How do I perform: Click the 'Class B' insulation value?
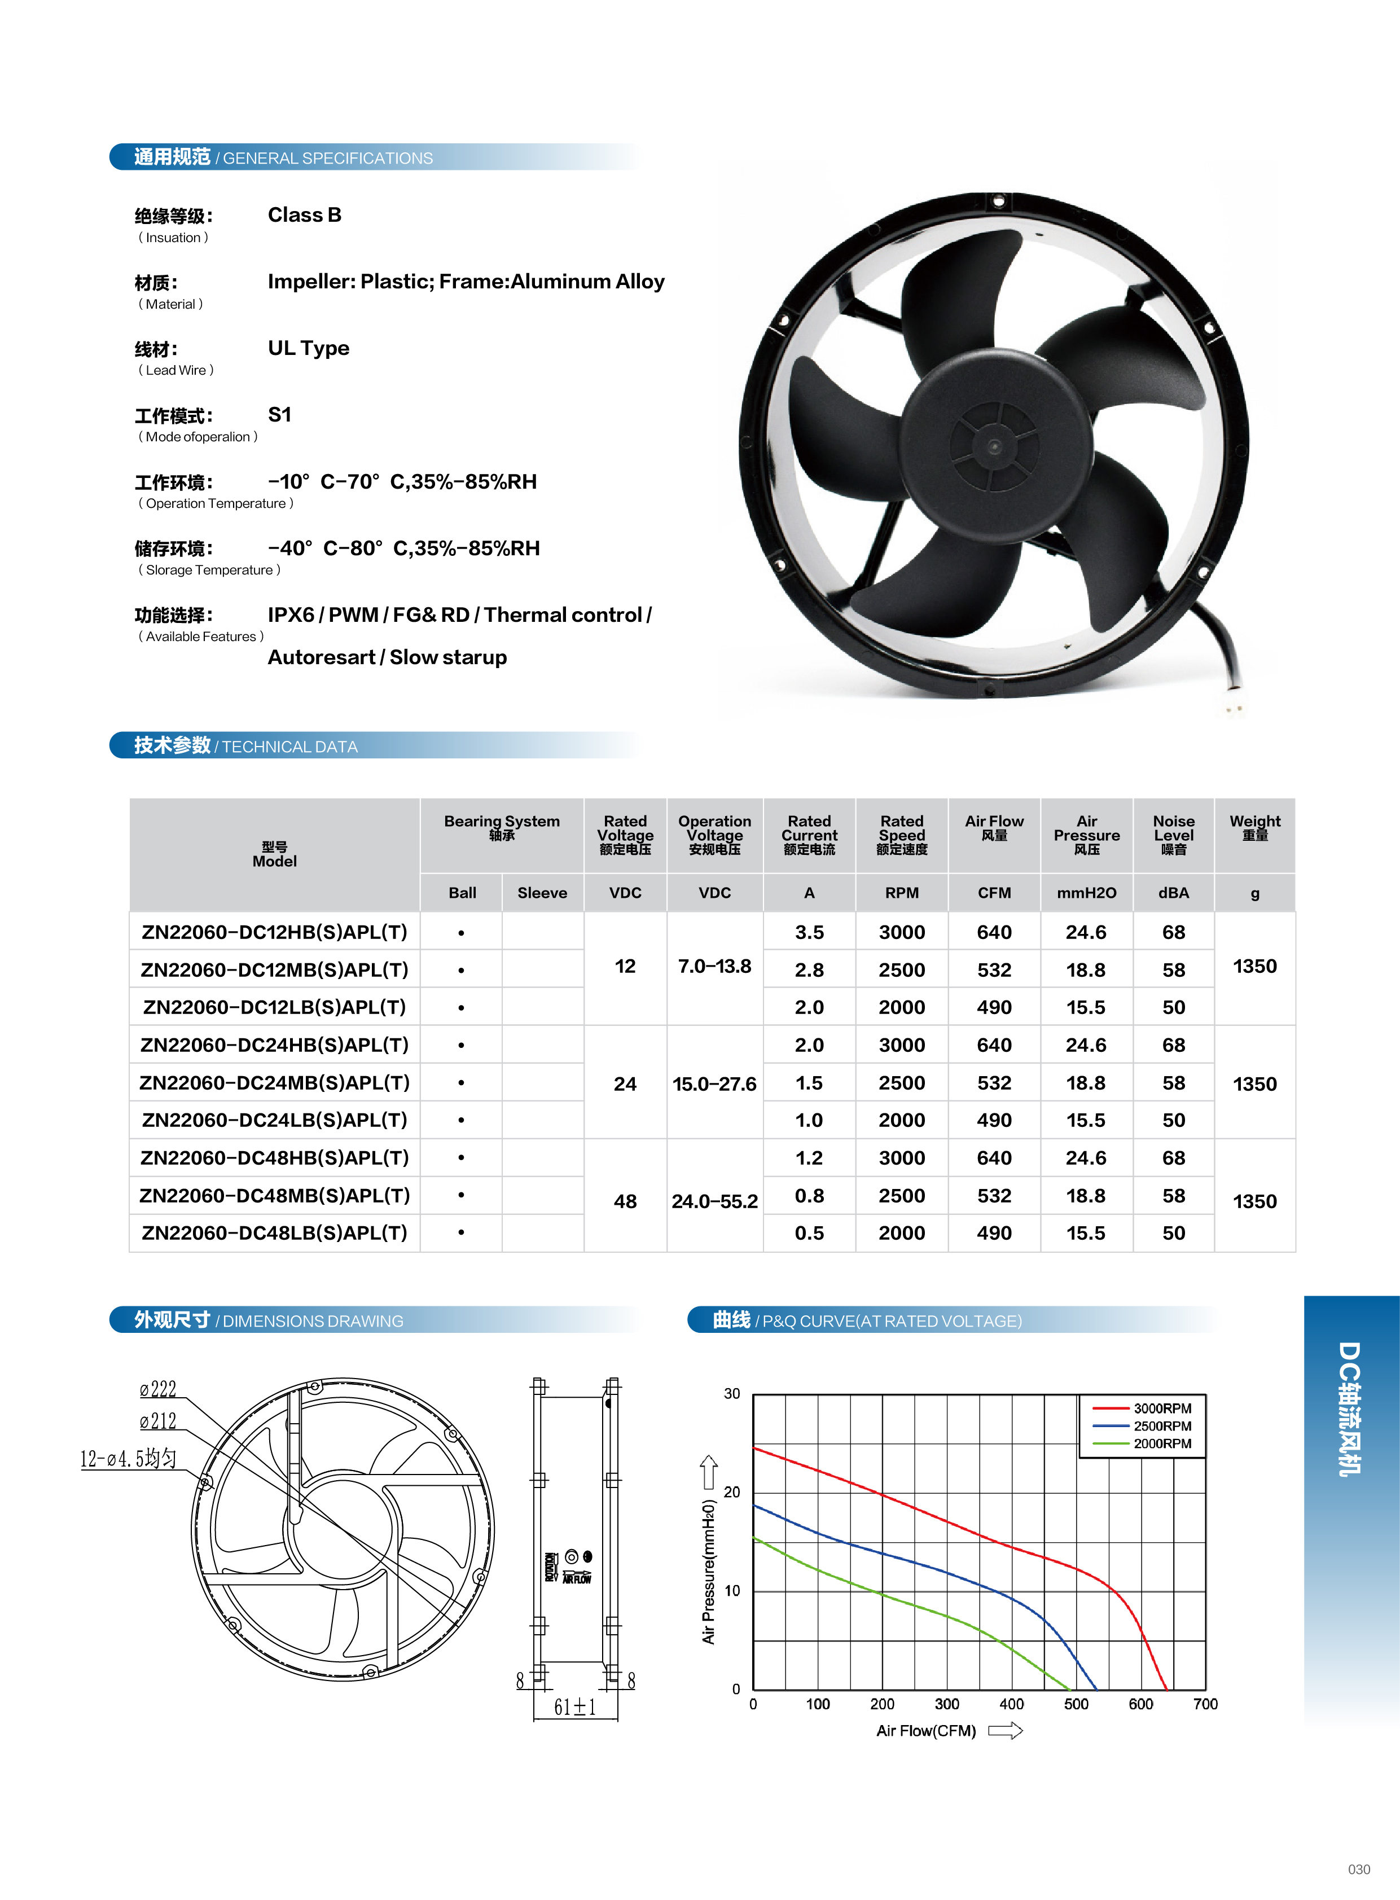(304, 215)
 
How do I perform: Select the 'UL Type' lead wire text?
(309, 348)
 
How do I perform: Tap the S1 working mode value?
(280, 414)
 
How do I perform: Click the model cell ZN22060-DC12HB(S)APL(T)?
(275, 932)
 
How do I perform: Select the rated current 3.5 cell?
(809, 932)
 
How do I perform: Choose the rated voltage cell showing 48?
(625, 1201)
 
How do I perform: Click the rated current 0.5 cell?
(809, 1233)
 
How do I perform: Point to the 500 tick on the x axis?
(1076, 1704)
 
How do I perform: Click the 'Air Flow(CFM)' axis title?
(926, 1731)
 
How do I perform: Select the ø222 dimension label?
(159, 1389)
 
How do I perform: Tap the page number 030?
(1358, 1868)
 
